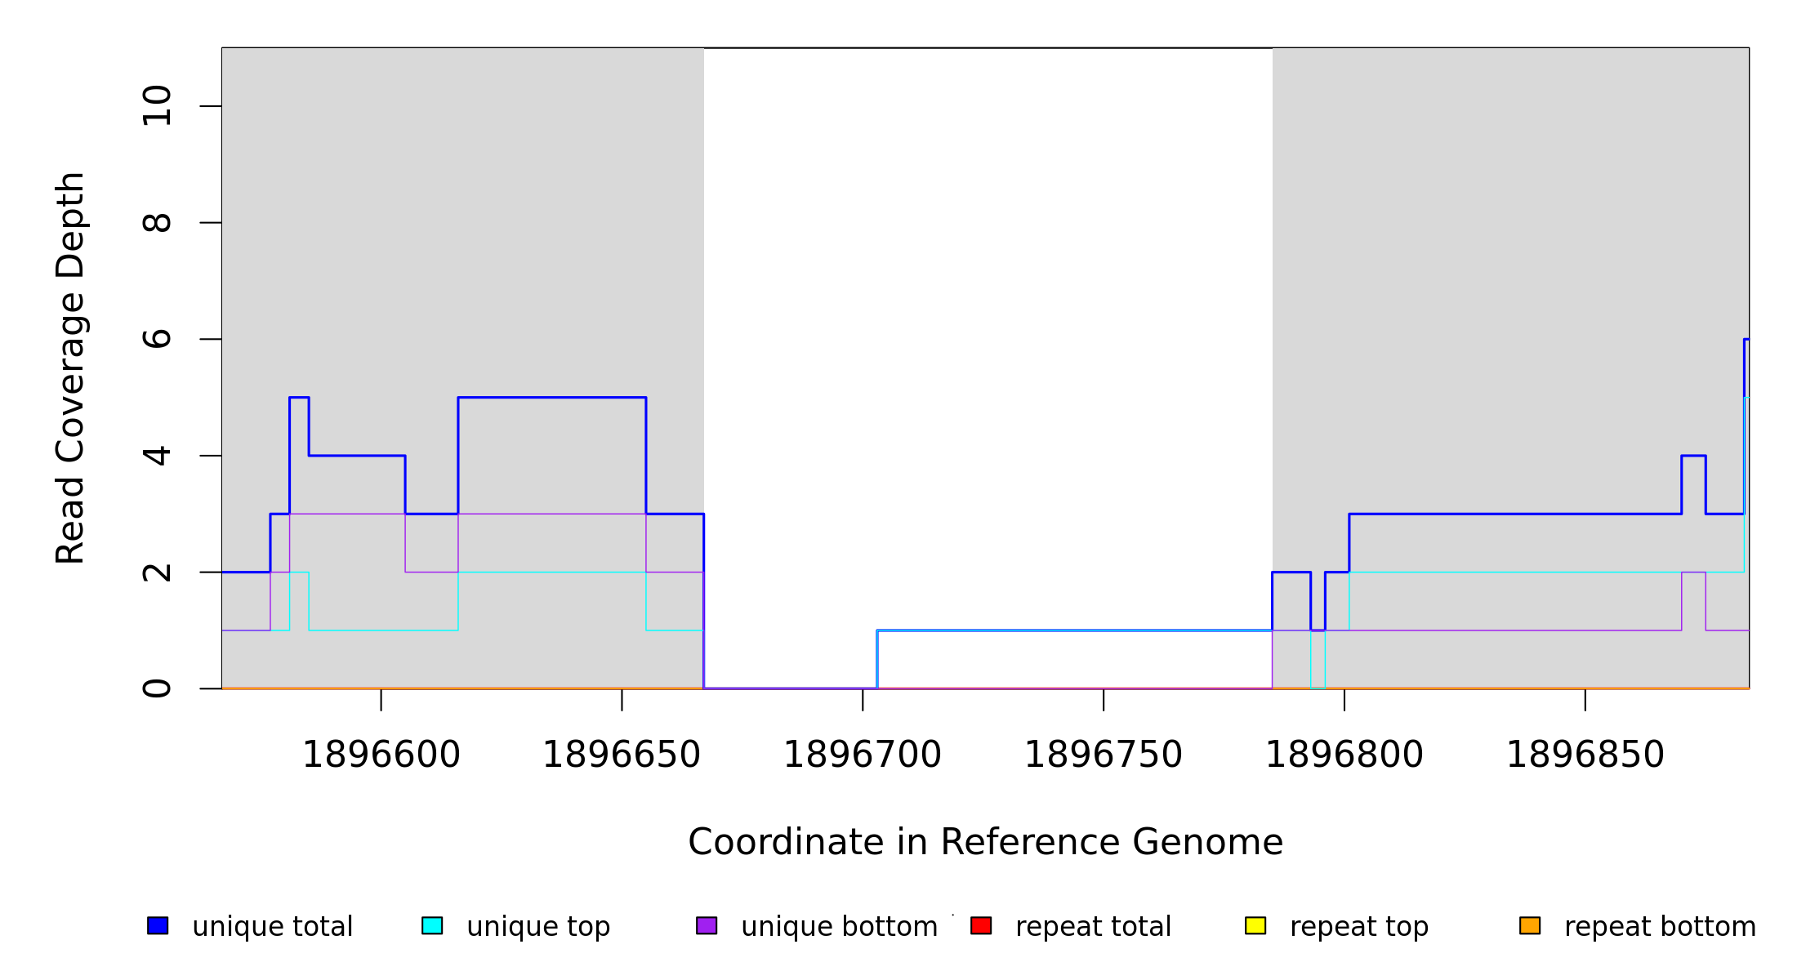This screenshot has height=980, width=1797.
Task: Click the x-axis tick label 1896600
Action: [x=381, y=755]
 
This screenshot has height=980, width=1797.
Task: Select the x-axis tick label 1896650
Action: [x=622, y=755]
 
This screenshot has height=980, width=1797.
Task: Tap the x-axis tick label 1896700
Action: [x=863, y=755]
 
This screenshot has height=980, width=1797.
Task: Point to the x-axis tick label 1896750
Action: [x=1104, y=755]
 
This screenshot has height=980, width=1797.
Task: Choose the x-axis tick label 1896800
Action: [x=1344, y=755]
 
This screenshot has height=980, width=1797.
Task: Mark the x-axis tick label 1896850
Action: [x=1585, y=755]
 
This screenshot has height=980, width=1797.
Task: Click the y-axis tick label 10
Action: [x=157, y=106]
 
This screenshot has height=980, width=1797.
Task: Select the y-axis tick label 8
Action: [x=157, y=222]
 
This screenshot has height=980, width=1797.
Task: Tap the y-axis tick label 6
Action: [x=157, y=339]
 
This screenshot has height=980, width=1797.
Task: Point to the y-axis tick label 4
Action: [x=157, y=456]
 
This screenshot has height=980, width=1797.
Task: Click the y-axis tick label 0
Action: [x=157, y=688]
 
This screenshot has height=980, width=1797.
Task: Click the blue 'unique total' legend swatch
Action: [x=158, y=925]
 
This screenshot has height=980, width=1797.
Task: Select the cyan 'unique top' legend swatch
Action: [x=432, y=925]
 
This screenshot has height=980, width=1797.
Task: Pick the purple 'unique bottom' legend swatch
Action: [x=707, y=925]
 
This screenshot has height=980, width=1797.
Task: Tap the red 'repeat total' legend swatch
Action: [x=981, y=925]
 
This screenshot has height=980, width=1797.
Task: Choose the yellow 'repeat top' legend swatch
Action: [x=1255, y=925]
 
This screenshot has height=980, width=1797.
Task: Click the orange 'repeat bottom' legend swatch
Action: [x=1530, y=925]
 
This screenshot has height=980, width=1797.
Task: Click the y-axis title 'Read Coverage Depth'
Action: [x=70, y=367]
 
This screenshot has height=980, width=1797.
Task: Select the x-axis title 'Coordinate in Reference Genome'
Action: [x=985, y=842]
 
